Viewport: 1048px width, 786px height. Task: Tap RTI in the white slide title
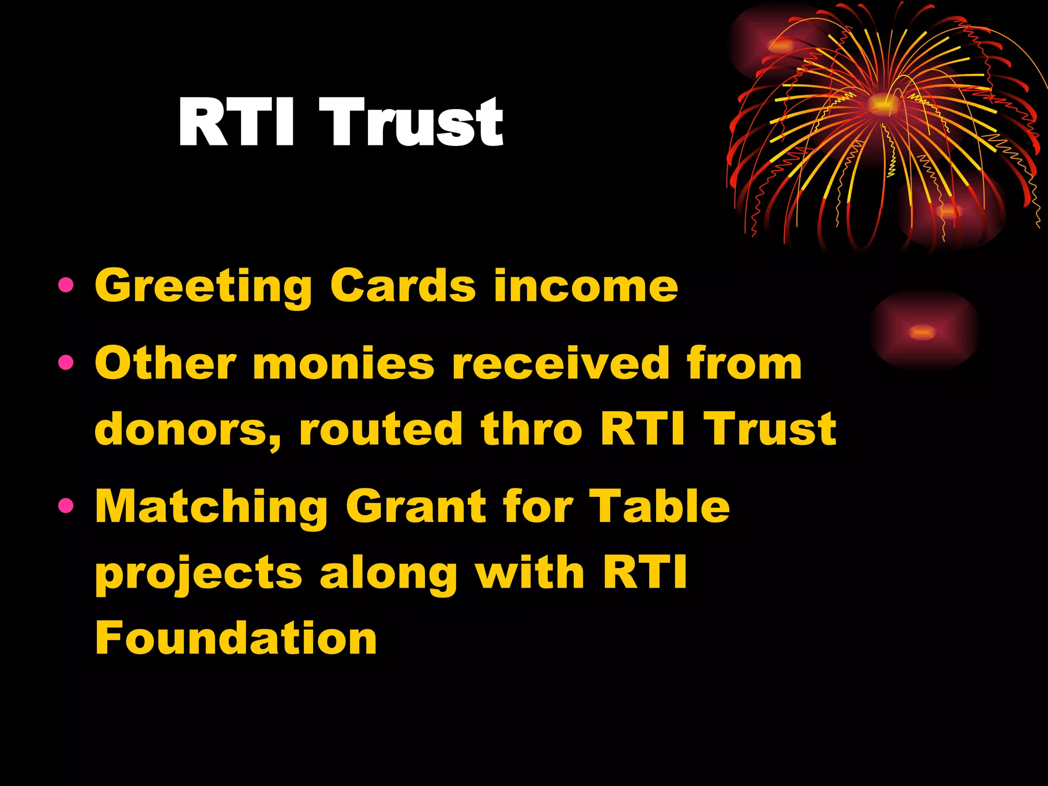pyautogui.click(x=236, y=123)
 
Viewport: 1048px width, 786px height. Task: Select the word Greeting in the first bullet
pyautogui.click(x=203, y=287)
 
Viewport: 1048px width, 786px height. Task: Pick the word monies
pyautogui.click(x=343, y=363)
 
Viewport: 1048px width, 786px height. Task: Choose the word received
pyautogui.click(x=560, y=363)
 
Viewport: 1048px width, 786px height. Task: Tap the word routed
pyautogui.click(x=381, y=429)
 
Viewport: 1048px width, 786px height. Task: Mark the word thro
pyautogui.click(x=531, y=429)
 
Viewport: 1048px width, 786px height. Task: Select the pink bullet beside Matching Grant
pyautogui.click(x=66, y=506)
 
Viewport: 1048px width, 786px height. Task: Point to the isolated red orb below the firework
pyautogui.click(x=923, y=332)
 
